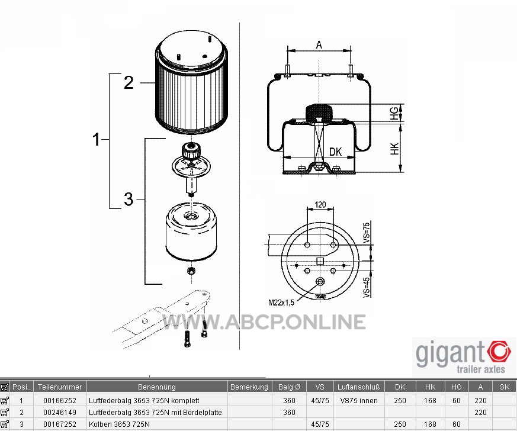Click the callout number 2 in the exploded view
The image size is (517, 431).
129,82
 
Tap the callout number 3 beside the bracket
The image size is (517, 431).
129,200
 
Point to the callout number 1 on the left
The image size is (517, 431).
96,139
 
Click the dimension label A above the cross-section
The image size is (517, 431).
319,44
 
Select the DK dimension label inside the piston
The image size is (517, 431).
336,152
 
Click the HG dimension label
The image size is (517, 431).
394,112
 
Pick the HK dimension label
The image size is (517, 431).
394,149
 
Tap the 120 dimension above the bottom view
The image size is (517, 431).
320,205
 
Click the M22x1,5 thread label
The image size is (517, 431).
281,303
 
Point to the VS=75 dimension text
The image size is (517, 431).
367,233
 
